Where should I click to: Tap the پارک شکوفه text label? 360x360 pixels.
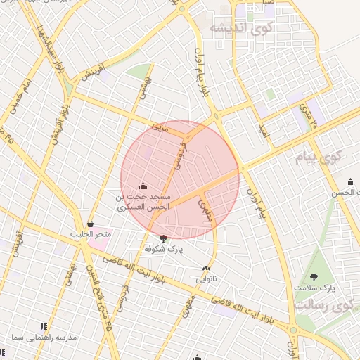164,249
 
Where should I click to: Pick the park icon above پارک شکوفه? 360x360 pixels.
164,238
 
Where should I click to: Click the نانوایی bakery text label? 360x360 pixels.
206,278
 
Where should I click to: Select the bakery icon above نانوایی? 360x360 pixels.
206,268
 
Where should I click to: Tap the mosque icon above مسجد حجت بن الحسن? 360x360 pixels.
143,186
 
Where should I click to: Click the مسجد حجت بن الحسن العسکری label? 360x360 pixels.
143,202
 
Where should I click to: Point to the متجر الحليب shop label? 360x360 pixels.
86,233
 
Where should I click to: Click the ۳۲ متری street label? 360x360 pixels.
307,114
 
